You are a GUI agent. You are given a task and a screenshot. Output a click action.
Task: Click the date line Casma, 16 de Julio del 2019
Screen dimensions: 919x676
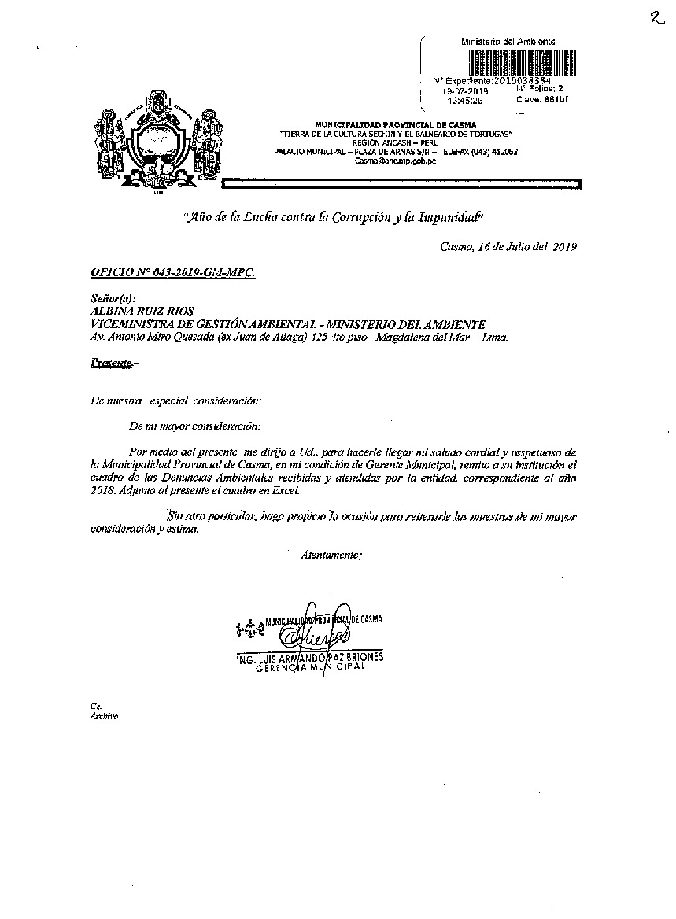[x=508, y=246]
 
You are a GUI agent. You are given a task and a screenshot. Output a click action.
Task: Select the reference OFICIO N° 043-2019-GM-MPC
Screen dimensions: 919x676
[x=172, y=271]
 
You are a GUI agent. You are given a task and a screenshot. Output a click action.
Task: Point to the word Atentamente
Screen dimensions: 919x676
[x=331, y=555]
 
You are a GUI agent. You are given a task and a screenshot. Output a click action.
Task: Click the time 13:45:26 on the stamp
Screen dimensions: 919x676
[x=464, y=101]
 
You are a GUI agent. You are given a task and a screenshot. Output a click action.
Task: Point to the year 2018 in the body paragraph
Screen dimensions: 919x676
[x=103, y=490]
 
